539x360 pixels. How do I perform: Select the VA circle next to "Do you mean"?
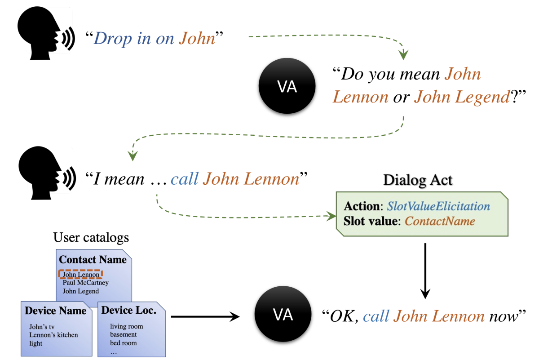(x=287, y=87)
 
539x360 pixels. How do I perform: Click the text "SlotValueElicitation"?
(x=438, y=206)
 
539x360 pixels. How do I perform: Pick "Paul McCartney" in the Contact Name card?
(x=85, y=283)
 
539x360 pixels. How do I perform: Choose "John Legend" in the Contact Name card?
(x=80, y=291)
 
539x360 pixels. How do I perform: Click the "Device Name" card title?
(x=56, y=311)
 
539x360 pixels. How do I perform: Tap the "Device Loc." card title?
(x=129, y=310)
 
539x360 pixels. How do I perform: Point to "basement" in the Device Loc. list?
(x=124, y=335)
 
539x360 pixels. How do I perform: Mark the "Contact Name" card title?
(x=93, y=260)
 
